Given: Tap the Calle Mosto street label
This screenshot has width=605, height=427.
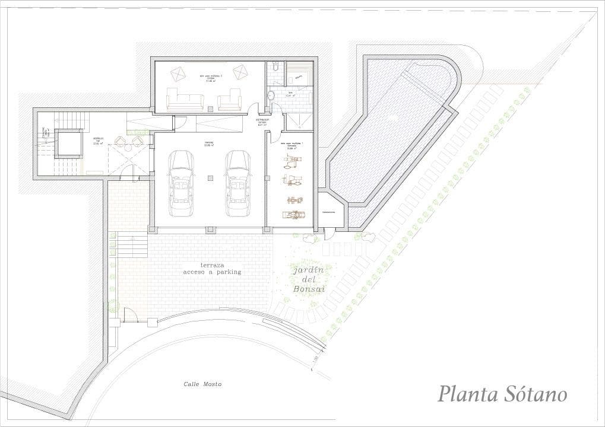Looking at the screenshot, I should [x=202, y=384].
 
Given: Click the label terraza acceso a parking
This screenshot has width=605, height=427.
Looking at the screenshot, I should [x=213, y=268].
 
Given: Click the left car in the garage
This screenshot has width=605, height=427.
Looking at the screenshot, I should [x=181, y=183].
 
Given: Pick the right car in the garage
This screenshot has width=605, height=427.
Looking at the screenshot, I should [x=237, y=183].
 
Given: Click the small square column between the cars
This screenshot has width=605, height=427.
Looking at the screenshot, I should [x=210, y=177].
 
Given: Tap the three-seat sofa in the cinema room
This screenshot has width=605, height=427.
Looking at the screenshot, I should [x=185, y=99].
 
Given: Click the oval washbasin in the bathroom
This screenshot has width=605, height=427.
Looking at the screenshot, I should [x=271, y=95].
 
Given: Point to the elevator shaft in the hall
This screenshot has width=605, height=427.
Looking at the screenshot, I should [x=68, y=143].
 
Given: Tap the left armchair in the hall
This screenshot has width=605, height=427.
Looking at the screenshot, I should [x=119, y=141].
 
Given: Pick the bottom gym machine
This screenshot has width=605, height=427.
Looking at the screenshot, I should [x=296, y=215].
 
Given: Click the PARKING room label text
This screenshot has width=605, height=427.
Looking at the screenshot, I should [x=209, y=142].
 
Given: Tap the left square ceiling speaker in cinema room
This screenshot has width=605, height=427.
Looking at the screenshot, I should [x=178, y=74].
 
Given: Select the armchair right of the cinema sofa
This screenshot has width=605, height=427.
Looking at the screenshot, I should [x=229, y=100].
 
